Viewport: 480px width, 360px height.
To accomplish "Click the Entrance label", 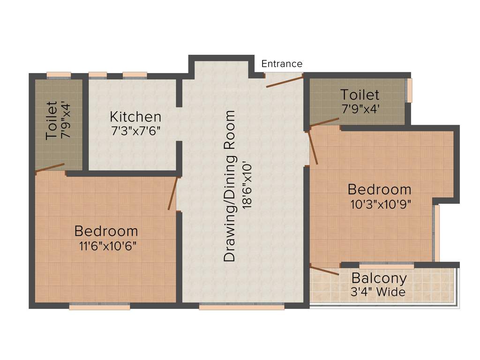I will [282, 64].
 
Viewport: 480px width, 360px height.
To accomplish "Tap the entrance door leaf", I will [284, 81].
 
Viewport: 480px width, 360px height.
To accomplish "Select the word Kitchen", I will [135, 117].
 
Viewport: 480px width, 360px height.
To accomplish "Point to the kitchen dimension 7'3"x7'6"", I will [136, 131].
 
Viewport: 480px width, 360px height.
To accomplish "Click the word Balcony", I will [379, 278].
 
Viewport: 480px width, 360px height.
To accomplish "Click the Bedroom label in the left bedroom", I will [106, 231].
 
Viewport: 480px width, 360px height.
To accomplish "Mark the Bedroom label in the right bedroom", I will [379, 189].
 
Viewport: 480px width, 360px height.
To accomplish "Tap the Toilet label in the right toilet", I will [360, 95].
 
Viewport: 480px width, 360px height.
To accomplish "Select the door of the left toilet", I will [50, 168].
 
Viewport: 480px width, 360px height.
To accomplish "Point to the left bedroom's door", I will [173, 193].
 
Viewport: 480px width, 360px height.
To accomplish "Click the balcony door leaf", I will [324, 270].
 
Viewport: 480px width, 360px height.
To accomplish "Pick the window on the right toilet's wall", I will [410, 90].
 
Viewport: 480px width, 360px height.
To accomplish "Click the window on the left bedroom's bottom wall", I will [99, 307].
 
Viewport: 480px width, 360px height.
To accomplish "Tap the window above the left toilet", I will [59, 75].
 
